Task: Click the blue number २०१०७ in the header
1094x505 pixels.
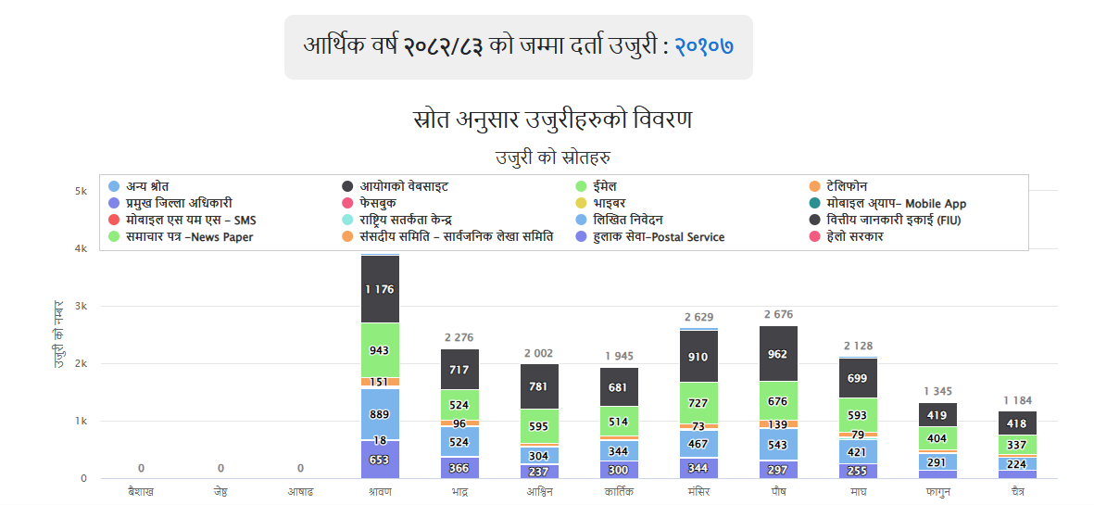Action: click(x=703, y=44)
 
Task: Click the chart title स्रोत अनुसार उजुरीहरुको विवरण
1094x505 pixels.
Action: click(x=552, y=120)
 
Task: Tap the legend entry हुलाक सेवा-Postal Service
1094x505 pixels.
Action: click(x=658, y=237)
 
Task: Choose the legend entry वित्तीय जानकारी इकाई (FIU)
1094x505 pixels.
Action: click(x=885, y=220)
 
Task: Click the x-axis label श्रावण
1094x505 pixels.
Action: click(x=379, y=492)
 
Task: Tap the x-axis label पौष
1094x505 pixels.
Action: click(x=778, y=492)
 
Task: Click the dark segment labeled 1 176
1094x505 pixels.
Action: click(x=380, y=289)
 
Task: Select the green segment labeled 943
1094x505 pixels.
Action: click(x=380, y=350)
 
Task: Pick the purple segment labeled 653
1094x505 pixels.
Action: click(x=380, y=460)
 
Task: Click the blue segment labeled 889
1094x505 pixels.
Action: click(x=380, y=413)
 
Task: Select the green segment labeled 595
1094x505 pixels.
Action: click(x=539, y=426)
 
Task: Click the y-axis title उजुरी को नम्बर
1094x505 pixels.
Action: click(x=58, y=335)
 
